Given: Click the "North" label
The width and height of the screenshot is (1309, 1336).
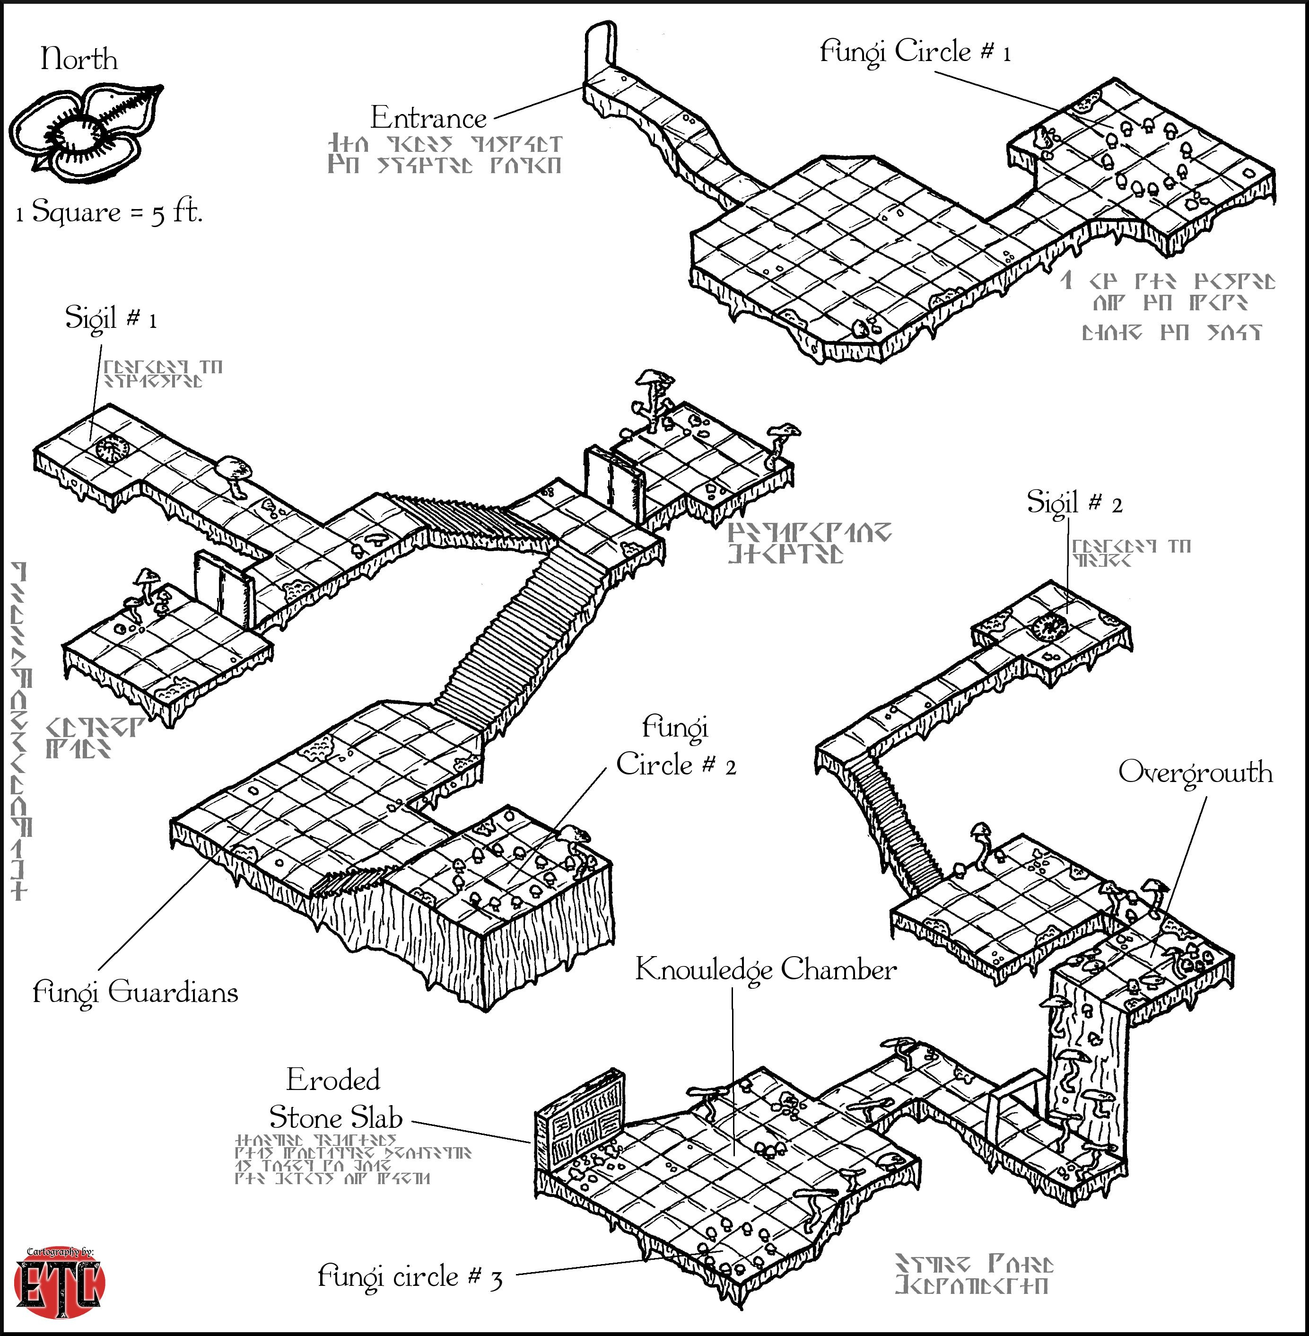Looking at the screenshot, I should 79,59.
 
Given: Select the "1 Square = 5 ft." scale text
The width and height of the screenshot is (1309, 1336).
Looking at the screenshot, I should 109,212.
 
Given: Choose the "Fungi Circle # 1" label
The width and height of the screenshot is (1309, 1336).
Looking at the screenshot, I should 915,52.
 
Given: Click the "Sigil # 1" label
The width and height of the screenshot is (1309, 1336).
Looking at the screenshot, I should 111,317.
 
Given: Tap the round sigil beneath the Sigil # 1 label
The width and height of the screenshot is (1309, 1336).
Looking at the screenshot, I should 112,449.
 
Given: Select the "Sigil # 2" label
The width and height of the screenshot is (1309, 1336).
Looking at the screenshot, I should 1074,502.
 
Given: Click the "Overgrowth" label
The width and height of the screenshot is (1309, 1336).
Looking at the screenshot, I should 1195,772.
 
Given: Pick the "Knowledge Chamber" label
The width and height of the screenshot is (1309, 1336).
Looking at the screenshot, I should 765,969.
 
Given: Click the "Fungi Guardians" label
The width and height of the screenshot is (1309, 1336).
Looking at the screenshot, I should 135,992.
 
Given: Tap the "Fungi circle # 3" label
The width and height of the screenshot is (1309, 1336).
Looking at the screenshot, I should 410,1276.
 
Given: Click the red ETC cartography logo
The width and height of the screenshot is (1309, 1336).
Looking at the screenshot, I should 59,1283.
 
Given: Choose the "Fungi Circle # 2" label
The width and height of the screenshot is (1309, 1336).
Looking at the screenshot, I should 675,746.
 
